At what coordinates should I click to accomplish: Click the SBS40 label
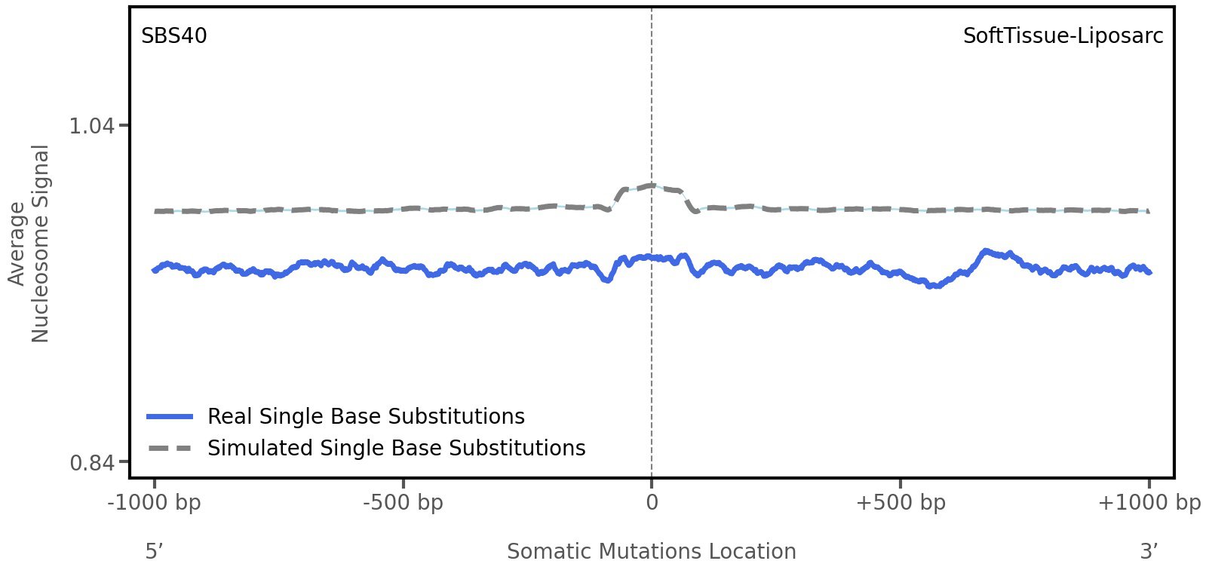pos(173,36)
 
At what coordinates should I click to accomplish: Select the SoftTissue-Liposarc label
pos(1063,36)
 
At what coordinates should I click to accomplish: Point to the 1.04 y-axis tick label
pos(91,125)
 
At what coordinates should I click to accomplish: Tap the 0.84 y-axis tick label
pos(91,461)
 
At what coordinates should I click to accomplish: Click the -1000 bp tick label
pos(155,503)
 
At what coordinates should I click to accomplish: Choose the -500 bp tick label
pos(403,503)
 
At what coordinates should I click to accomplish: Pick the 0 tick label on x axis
pos(652,503)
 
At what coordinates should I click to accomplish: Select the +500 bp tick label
pos(901,503)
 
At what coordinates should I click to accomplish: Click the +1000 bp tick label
pos(1149,503)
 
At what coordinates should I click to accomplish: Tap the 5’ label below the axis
pos(154,551)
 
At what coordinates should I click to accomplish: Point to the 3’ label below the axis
pos(1149,551)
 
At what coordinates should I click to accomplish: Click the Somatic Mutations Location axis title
pos(652,551)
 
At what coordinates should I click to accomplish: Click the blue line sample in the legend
pos(170,417)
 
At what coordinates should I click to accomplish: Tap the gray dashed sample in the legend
pos(170,449)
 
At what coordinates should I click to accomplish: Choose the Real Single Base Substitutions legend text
pos(366,417)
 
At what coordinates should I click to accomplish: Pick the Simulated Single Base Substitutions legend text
pos(396,449)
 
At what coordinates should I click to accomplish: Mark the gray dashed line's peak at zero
pos(650,185)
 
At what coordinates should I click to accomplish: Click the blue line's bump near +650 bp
pos(985,251)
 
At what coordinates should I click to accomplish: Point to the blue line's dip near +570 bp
pos(934,286)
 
